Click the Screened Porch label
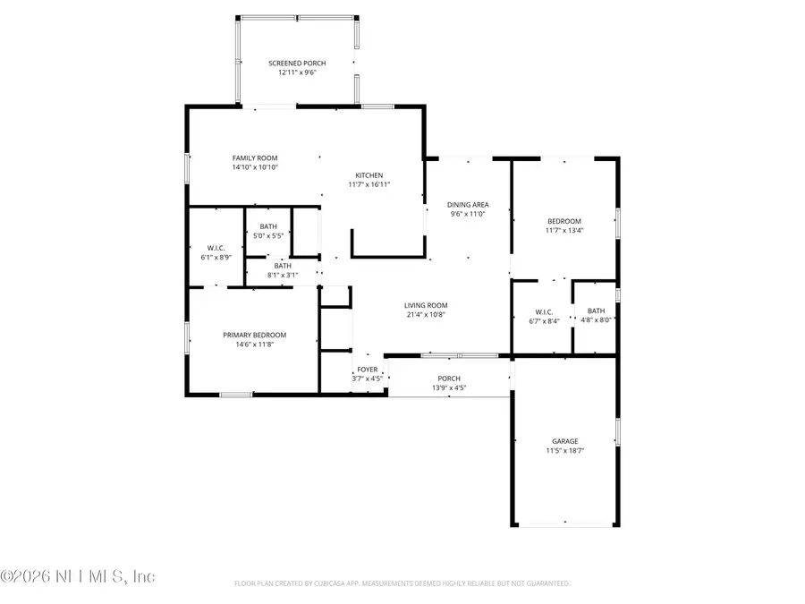click(297, 63)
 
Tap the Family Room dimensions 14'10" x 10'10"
click(256, 167)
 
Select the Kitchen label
click(369, 175)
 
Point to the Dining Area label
click(468, 205)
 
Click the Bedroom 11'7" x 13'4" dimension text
click(564, 231)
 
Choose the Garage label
click(564, 441)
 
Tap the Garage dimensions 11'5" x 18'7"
click(564, 451)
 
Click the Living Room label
click(426, 305)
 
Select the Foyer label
click(368, 370)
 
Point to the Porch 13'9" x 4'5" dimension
click(449, 388)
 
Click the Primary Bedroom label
click(255, 335)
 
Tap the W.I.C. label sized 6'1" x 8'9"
click(216, 248)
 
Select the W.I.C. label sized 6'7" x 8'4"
click(544, 312)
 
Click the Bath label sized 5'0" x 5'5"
click(268, 226)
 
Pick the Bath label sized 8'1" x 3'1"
click(283, 266)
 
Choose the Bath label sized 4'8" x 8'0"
click(596, 311)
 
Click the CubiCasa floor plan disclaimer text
click(402, 583)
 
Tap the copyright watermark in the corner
click(79, 577)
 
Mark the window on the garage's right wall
click(616, 430)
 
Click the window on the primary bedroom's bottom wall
click(236, 394)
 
